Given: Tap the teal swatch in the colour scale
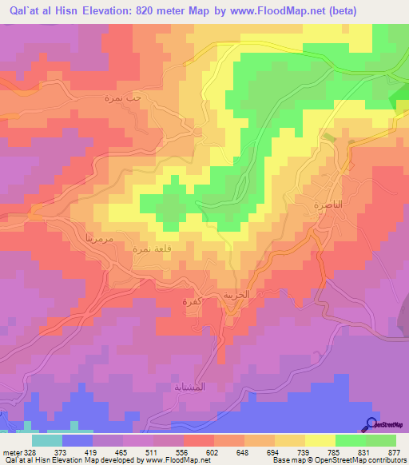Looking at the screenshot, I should [47, 441].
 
